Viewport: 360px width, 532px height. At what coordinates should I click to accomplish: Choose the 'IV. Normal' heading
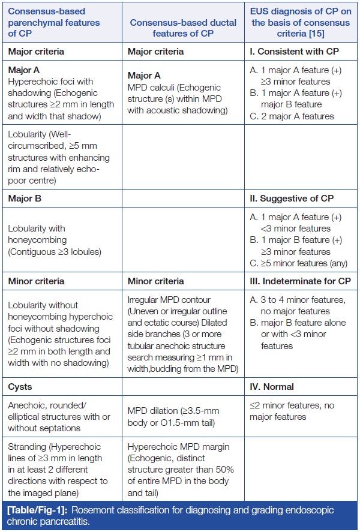click(x=273, y=387)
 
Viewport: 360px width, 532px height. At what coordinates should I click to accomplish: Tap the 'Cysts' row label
click(x=21, y=387)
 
